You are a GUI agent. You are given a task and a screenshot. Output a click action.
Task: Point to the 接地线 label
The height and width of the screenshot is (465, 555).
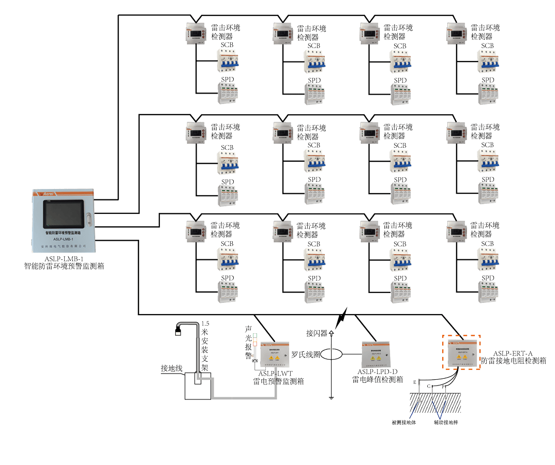172,368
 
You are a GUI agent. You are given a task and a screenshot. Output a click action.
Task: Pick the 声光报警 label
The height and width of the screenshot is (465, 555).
248,341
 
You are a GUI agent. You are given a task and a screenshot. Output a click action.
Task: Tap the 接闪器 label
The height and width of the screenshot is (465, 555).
317,332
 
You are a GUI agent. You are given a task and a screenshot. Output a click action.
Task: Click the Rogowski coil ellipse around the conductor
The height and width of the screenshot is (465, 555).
332,354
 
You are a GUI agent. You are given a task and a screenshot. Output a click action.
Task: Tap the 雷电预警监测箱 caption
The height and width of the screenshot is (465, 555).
278,381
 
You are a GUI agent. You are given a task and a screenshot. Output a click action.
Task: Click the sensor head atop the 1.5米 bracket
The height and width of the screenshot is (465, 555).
179,330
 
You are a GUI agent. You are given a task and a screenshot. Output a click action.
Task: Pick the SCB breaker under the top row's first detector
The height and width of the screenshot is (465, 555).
228,63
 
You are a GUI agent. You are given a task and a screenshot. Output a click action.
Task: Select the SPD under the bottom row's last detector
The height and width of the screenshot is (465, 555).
488,292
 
